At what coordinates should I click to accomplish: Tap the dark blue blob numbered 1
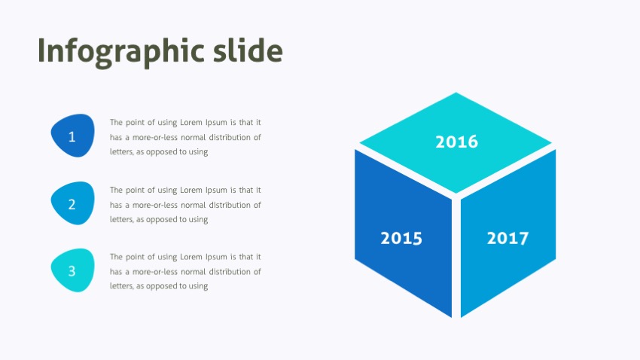point(72,136)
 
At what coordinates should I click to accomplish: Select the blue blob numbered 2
point(72,203)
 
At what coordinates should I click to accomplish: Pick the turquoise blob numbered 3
point(72,270)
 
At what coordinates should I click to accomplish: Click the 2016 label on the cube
point(456,142)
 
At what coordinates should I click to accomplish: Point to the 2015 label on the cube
point(401,239)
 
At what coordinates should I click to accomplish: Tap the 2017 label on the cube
point(507,239)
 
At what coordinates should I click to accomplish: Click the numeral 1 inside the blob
point(72,137)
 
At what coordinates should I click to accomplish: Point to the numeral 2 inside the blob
point(72,204)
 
